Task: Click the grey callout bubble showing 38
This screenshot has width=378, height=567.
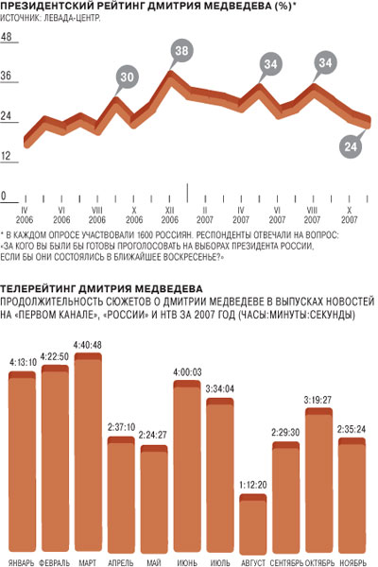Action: (181, 51)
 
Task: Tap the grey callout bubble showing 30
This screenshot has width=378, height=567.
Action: (127, 77)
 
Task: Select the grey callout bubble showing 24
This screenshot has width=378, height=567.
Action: (351, 146)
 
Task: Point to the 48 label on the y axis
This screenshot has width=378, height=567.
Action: (7, 37)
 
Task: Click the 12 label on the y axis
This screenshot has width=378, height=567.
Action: (7, 156)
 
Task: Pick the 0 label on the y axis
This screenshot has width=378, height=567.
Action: (4, 197)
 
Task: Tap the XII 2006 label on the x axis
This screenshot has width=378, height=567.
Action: (170, 215)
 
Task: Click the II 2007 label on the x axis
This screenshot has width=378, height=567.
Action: (205, 215)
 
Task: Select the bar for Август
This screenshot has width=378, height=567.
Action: (253, 524)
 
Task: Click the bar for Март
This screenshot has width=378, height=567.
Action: (88, 453)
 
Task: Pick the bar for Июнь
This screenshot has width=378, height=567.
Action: (187, 467)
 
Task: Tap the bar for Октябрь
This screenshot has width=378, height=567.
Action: (318, 481)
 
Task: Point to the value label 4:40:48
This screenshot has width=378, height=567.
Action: (88, 345)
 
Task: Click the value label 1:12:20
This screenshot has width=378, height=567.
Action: (253, 486)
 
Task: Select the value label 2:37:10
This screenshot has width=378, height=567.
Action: (121, 428)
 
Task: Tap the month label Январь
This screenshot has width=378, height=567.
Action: (22, 562)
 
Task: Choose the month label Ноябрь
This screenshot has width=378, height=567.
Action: (353, 562)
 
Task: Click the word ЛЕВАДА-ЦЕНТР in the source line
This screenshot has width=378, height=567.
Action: (72, 18)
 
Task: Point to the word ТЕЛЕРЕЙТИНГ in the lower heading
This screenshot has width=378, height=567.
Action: (38, 288)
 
